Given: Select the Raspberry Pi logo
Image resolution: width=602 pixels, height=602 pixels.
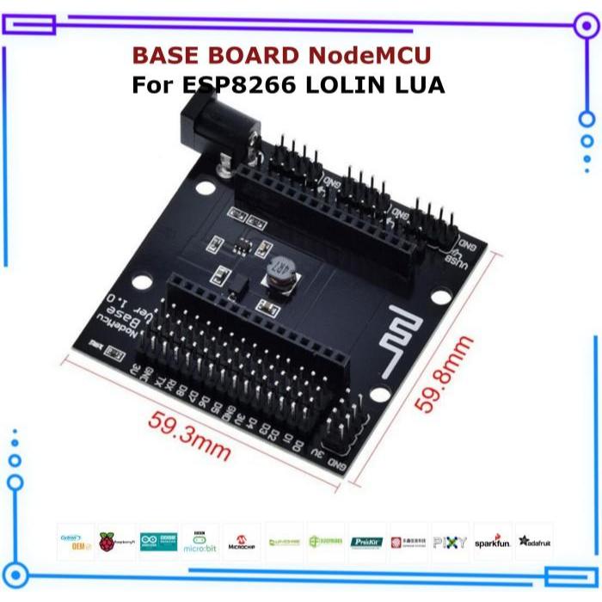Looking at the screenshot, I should pos(117,542).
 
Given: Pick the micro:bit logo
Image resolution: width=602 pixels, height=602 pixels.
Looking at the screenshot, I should pos(200,542).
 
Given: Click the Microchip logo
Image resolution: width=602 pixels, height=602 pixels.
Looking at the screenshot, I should pos(243,542).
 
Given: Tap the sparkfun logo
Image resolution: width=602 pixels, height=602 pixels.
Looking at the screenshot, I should pos(493,542).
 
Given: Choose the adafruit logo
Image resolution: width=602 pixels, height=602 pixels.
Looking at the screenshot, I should pos(535,542).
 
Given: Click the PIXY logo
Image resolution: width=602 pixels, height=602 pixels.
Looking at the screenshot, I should pos(451,542).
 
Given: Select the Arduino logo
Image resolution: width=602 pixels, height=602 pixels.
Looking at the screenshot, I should pos(158,542).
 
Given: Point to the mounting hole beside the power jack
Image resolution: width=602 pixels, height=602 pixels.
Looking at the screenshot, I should pos(204,187).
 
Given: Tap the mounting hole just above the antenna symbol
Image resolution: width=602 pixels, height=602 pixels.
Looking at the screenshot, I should pos(440,297).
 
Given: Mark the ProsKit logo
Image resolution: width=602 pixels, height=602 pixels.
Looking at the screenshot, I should pos(367,542).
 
